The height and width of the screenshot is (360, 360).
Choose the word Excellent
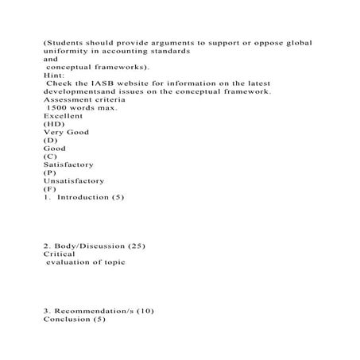click(63, 115)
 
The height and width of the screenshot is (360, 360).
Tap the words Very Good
click(64, 132)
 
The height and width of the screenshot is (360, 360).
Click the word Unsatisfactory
click(73, 180)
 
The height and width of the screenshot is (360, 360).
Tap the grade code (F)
click(50, 189)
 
